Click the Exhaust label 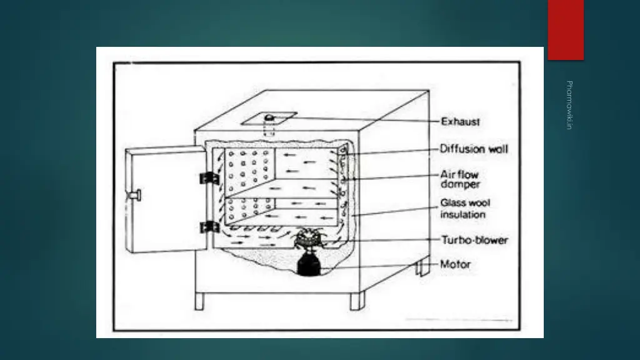tap(460, 122)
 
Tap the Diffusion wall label tap(474, 149)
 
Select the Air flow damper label tap(460, 179)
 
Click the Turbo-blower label tap(475, 240)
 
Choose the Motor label tap(456, 264)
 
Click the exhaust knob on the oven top tap(269, 118)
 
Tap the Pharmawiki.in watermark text tap(569, 105)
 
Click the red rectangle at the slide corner tap(566, 29)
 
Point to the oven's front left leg tap(199, 301)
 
